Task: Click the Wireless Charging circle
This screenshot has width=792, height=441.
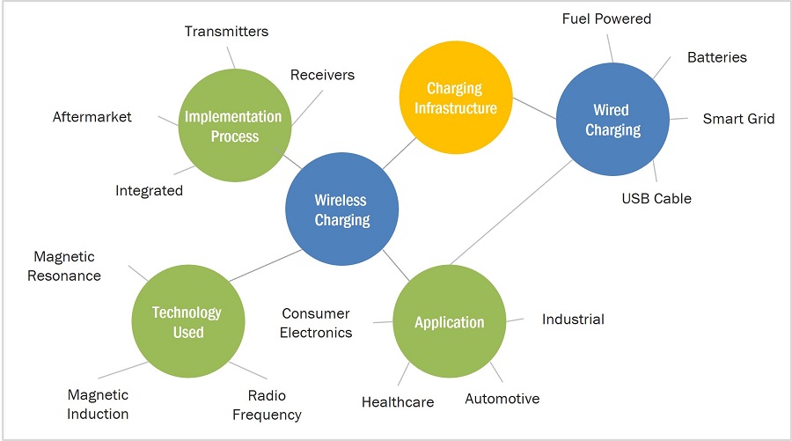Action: pos(341,209)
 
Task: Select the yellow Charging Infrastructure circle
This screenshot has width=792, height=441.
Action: pos(454,98)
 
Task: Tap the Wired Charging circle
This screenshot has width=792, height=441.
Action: pos(611,121)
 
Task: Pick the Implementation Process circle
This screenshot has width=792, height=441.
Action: pos(234,126)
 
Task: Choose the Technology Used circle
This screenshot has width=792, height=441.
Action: pos(187,321)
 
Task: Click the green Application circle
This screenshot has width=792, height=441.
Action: pos(449,321)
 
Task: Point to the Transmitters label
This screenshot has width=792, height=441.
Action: pos(226,32)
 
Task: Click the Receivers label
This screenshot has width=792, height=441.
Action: pos(322,75)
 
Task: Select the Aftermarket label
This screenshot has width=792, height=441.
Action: pos(92,116)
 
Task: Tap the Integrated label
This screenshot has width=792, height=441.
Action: pos(149,190)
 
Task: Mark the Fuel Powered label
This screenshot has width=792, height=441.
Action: pos(606,18)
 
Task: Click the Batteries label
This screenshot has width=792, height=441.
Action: pos(716,57)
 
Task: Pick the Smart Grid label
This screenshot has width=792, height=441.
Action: pos(738,118)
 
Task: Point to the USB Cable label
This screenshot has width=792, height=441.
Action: pos(656,198)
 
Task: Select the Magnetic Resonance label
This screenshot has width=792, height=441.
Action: pos(67,266)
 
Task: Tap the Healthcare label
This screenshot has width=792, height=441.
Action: pos(397,402)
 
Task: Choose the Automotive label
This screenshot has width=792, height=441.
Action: pos(502,399)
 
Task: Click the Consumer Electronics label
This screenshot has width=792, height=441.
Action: pos(317,323)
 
